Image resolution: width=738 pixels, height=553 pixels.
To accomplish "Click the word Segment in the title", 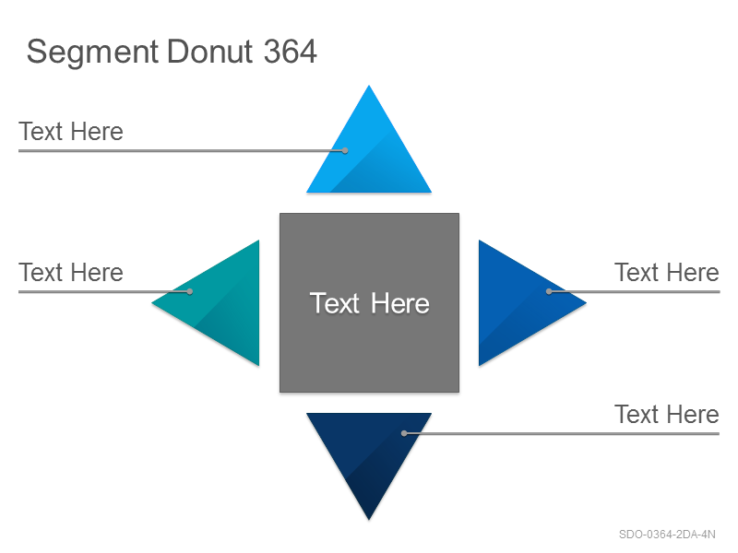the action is (92, 53).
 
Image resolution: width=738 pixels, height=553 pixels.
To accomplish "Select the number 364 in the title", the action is (290, 52).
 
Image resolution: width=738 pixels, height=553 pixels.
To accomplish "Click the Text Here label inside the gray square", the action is (370, 303).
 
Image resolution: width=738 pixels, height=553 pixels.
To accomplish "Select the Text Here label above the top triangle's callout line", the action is (71, 131).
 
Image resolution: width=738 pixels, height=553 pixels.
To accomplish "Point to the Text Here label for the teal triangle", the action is (71, 272).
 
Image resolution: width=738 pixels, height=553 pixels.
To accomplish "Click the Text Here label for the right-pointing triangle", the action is (667, 272).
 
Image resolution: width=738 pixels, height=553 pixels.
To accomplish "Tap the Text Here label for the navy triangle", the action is (667, 414).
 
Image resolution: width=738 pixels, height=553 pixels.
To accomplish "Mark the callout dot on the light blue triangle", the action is (345, 150).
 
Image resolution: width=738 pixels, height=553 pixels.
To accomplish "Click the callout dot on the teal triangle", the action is (190, 291).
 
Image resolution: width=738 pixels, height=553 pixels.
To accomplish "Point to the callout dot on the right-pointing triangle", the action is (549, 291).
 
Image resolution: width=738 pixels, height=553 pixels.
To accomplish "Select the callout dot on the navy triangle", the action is (404, 433).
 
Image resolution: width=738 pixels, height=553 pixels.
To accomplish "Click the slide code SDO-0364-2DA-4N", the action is (667, 535).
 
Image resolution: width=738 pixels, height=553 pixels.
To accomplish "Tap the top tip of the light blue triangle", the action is (369, 85).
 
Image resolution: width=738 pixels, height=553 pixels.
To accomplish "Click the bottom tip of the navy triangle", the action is (369, 520).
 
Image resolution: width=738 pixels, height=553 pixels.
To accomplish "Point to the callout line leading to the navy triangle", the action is (562, 433).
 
